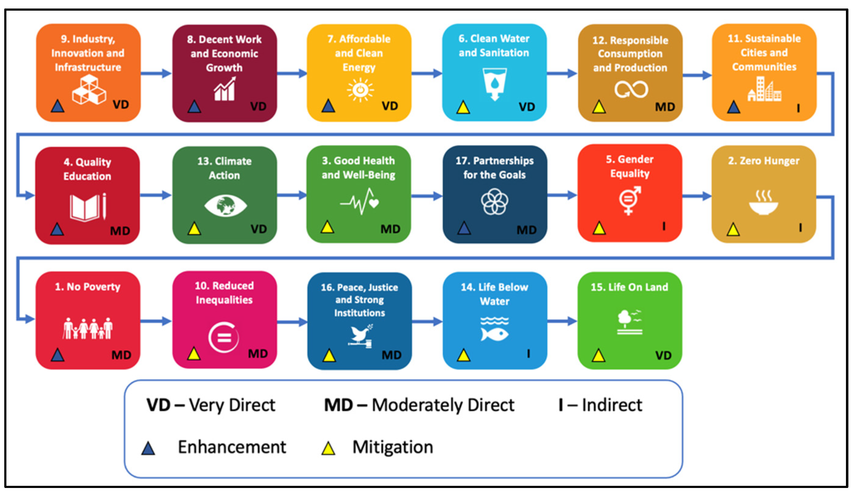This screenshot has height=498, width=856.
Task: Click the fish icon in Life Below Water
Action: (x=494, y=334)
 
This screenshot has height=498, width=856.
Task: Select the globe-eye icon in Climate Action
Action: (x=225, y=205)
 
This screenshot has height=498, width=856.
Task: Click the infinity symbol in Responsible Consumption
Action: (x=631, y=89)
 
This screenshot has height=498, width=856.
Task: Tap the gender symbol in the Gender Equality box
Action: (x=630, y=200)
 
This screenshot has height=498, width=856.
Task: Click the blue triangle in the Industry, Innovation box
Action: (x=58, y=106)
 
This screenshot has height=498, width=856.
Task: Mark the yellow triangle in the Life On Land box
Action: (x=598, y=355)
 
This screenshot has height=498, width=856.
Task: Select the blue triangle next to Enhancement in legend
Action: (x=148, y=448)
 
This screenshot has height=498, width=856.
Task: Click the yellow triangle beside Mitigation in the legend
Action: (x=328, y=448)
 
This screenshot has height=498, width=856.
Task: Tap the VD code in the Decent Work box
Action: (x=258, y=106)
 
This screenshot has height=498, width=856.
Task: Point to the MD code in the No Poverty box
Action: (x=121, y=355)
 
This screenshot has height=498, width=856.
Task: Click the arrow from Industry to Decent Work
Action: (x=156, y=73)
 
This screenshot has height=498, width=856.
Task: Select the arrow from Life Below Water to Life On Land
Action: (x=562, y=321)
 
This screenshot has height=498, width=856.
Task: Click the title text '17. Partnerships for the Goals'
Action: (x=495, y=168)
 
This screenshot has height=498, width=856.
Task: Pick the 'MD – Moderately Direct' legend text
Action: (x=419, y=405)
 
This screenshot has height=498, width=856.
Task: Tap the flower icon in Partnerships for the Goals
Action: (x=495, y=202)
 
